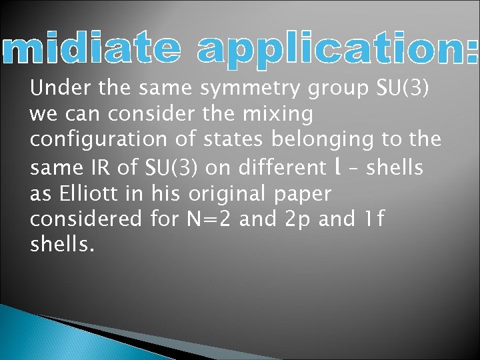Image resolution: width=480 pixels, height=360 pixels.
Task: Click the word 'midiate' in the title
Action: [x=89, y=50]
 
